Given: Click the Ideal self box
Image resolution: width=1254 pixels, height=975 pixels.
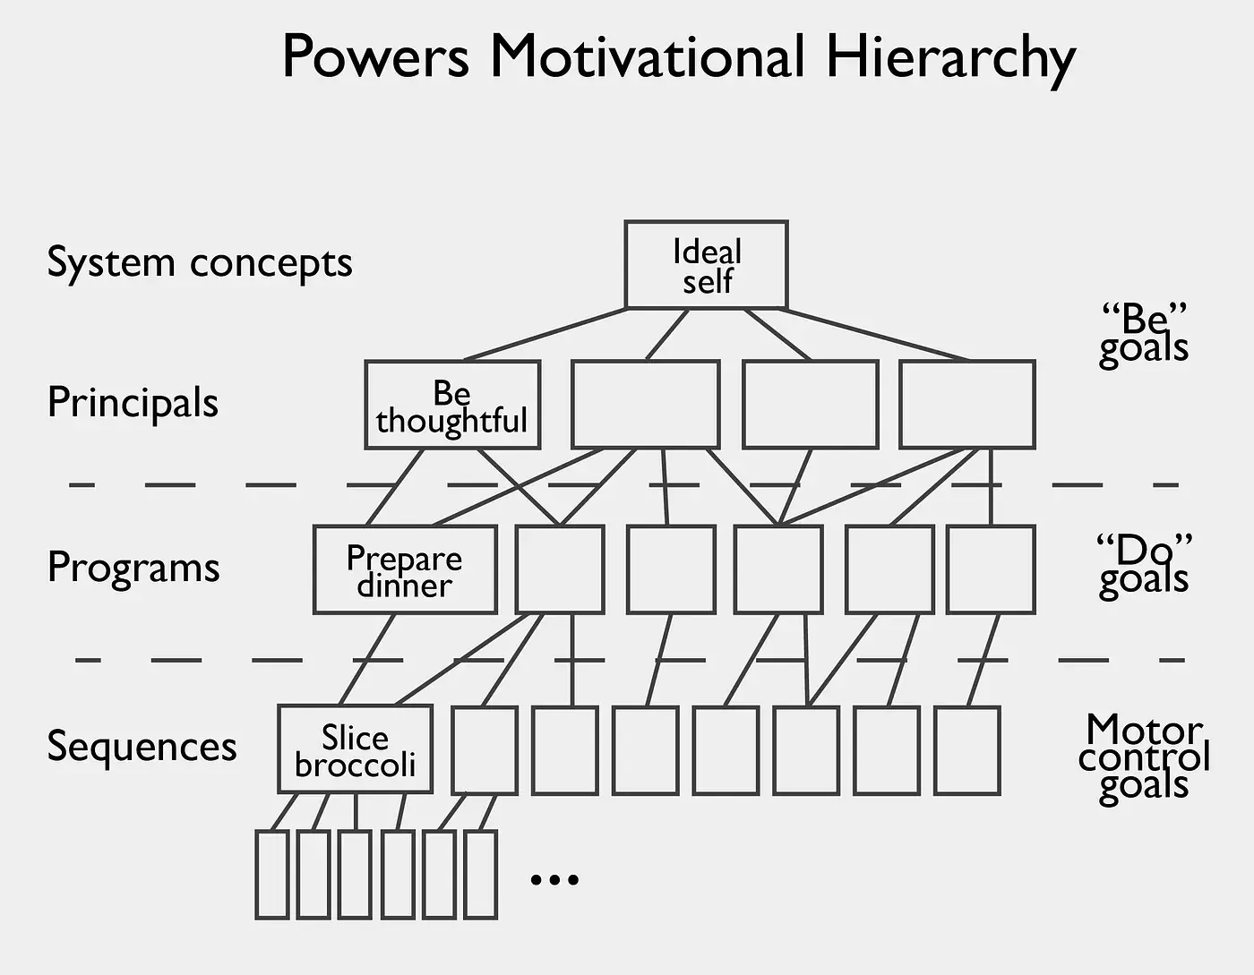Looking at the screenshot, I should click(x=706, y=265).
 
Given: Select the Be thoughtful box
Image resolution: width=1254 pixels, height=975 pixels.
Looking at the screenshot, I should click(x=452, y=405).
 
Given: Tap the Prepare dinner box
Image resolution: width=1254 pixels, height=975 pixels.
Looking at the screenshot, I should click(x=405, y=569).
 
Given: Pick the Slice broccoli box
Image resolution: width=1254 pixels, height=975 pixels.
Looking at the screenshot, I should click(x=355, y=749).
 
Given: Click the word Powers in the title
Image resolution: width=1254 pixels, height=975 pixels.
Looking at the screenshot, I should click(x=375, y=57).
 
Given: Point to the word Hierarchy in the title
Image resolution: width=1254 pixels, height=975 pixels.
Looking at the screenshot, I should click(x=949, y=57).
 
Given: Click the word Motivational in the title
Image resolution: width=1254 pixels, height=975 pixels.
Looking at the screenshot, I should click(x=647, y=57).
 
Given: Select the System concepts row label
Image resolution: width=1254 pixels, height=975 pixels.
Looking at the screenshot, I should click(x=199, y=263).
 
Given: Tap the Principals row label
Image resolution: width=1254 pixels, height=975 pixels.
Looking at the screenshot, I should click(x=133, y=402).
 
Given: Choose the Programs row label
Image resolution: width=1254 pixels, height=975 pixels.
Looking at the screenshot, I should click(x=133, y=567).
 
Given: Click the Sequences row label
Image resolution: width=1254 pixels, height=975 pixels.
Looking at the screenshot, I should click(x=142, y=746).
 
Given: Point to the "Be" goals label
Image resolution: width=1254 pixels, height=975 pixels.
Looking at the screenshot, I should click(x=1144, y=333).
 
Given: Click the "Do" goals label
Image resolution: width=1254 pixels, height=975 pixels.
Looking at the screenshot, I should click(x=1144, y=564).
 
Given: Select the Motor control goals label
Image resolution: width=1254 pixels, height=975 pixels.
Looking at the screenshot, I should click(x=1144, y=757).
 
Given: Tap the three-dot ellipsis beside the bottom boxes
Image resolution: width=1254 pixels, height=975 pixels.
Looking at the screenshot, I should click(x=554, y=879).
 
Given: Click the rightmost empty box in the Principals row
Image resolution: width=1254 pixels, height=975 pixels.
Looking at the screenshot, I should click(x=967, y=405).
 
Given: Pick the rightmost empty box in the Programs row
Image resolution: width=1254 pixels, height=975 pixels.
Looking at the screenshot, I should click(x=991, y=569).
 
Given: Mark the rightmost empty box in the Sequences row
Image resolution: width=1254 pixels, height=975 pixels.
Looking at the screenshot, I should click(x=966, y=750).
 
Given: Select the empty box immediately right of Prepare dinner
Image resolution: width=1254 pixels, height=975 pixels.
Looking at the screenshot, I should click(x=560, y=569).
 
